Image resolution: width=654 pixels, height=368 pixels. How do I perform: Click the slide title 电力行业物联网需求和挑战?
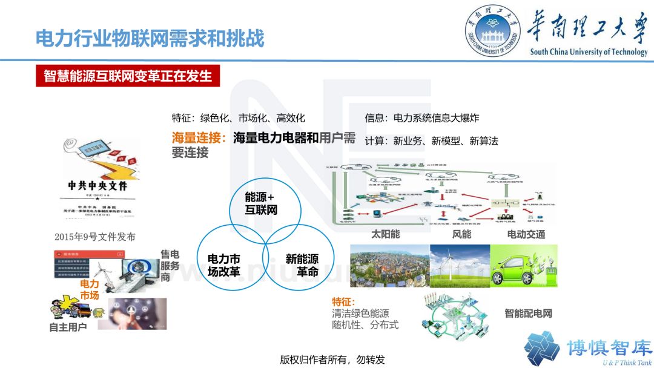[150, 38]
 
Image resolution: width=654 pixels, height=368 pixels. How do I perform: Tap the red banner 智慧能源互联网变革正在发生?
[128, 76]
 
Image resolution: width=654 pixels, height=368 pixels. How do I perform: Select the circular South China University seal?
[494, 33]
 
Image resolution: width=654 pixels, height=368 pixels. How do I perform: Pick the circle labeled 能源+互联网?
[260, 204]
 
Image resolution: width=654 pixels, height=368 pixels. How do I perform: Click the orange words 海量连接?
[199, 138]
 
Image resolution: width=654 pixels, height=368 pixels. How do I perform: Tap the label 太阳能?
[385, 234]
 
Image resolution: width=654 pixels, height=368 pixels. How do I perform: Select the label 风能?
[461, 234]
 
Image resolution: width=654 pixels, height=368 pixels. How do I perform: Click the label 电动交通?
[526, 234]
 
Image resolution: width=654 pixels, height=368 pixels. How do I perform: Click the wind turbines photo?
[460, 265]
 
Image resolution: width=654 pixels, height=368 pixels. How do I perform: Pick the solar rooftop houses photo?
[389, 265]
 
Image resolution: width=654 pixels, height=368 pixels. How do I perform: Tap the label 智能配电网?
[528, 314]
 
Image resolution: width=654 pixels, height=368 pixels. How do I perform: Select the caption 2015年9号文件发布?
[94, 237]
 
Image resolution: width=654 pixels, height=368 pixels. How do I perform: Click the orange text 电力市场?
[89, 289]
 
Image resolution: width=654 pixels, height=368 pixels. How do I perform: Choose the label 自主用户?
[68, 327]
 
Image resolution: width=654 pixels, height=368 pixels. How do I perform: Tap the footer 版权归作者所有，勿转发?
[332, 359]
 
